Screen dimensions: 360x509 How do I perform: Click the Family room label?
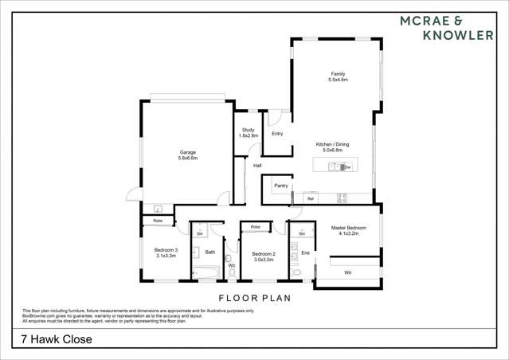click(x=339, y=76)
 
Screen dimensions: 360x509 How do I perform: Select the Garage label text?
click(x=188, y=155)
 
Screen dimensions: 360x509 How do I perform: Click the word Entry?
click(x=277, y=134)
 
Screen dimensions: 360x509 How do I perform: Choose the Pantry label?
click(x=280, y=186)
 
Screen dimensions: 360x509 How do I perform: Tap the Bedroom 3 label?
click(x=166, y=252)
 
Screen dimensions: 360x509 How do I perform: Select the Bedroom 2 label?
click(x=264, y=256)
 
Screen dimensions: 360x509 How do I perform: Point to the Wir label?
click(x=348, y=272)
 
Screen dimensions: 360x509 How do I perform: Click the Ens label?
click(x=305, y=252)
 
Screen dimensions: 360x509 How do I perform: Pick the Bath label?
click(x=210, y=252)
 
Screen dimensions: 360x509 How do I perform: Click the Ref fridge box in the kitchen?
click(x=311, y=198)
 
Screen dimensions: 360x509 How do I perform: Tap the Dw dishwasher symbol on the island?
click(x=347, y=167)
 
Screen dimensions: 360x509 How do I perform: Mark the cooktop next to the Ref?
click(x=342, y=198)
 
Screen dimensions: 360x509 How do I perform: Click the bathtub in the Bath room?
click(x=206, y=274)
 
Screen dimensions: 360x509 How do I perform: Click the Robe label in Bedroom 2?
click(x=255, y=227)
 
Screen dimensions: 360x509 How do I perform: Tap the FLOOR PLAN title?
click(x=254, y=298)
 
